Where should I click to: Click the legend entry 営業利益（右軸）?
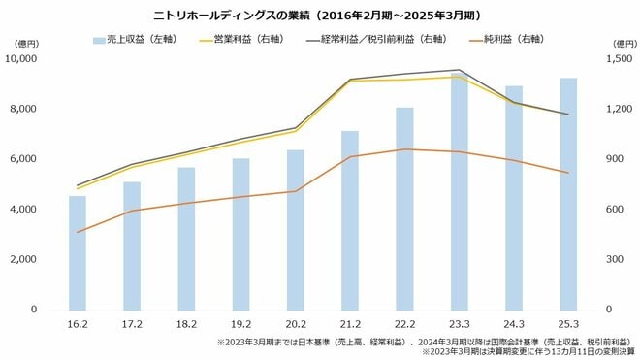[237, 40]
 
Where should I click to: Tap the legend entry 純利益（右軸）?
[504, 40]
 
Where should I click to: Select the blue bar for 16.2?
[78, 252]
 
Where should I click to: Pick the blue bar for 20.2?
[296, 233]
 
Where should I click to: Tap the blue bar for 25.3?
[568, 194]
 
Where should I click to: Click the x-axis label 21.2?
[350, 325]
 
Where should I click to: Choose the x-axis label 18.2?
[186, 325]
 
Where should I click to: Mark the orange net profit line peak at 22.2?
[405, 149]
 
